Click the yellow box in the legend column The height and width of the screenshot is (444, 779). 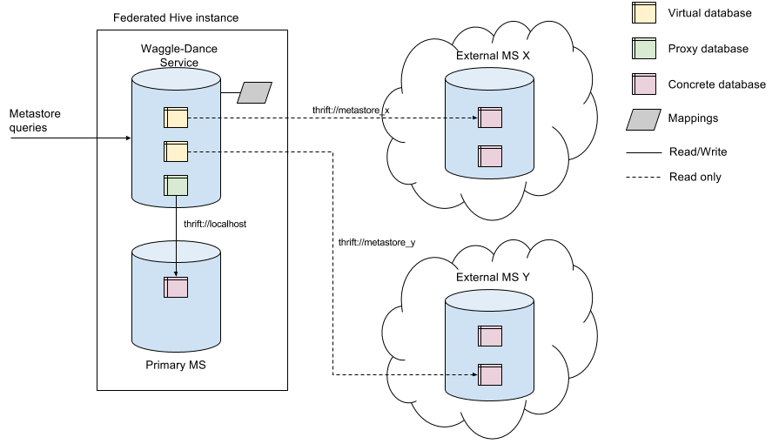click(644, 13)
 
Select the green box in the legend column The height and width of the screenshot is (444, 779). click(644, 49)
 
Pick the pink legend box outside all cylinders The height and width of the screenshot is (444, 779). click(644, 84)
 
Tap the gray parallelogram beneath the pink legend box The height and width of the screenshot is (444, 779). click(644, 120)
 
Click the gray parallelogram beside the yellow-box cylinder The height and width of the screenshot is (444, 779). click(255, 93)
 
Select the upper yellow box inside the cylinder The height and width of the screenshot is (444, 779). click(176, 118)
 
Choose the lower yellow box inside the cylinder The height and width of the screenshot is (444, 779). click(176, 151)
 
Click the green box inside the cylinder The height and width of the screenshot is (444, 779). click(176, 185)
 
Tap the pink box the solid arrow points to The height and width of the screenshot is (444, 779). click(176, 287)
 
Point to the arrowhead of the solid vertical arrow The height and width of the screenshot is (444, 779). click(176, 273)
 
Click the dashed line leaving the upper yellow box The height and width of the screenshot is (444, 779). click(205, 118)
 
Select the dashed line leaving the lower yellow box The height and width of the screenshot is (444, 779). click(205, 151)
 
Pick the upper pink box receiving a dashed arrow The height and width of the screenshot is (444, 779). click(490, 118)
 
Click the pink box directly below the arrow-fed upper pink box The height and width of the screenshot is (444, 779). click(490, 157)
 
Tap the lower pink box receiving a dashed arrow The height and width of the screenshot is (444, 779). click(490, 374)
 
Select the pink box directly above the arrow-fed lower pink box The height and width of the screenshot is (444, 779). click(490, 336)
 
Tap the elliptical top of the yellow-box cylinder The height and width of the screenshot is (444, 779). click(176, 79)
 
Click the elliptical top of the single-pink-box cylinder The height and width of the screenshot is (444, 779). click(176, 252)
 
